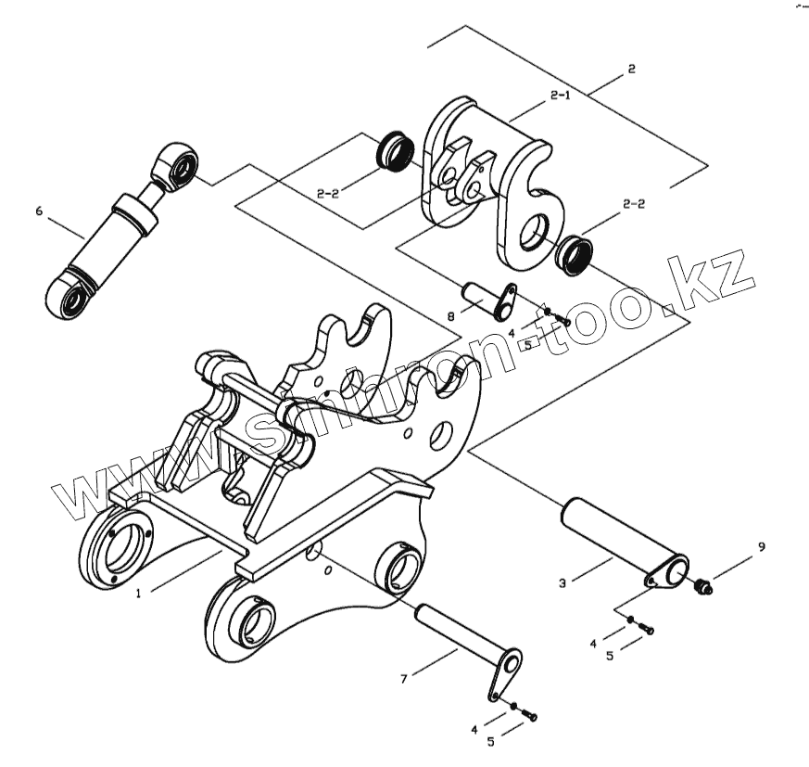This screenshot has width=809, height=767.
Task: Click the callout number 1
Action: (138, 593)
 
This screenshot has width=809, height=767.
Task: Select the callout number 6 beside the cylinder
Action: (39, 211)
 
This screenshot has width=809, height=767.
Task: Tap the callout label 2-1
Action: (560, 96)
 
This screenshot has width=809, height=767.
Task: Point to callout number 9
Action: (761, 547)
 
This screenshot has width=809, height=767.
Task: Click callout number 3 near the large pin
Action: (563, 583)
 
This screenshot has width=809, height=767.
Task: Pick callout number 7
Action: (403, 680)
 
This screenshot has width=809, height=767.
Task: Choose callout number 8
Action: (450, 316)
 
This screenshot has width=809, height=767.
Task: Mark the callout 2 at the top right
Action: (631, 69)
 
